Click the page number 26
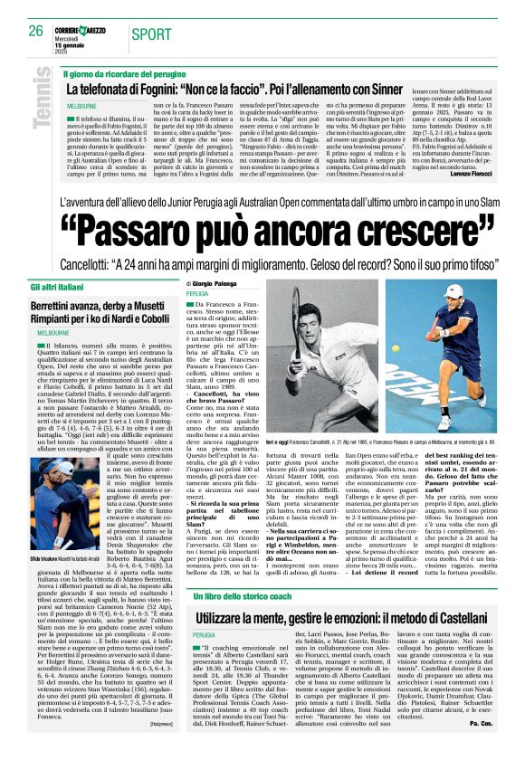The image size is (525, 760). click(x=35, y=30)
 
